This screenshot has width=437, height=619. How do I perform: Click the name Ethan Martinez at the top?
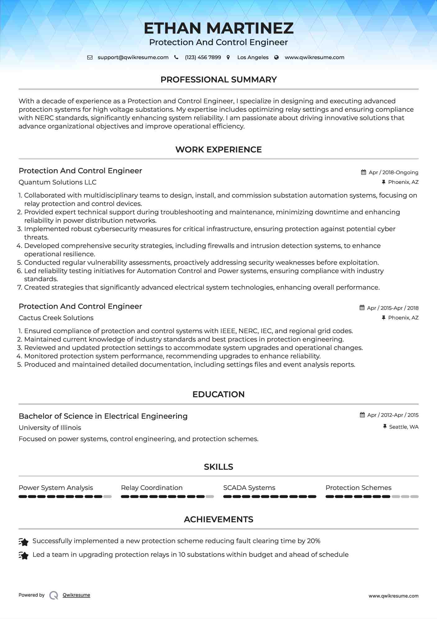coord(218,28)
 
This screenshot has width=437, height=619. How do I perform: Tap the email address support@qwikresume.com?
coord(133,58)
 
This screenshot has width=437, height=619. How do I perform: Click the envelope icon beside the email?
coord(90,58)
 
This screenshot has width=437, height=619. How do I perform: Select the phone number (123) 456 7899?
coord(203,58)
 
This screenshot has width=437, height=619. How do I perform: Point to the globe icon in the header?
coord(276,58)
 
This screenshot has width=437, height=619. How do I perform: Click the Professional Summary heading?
coord(218,80)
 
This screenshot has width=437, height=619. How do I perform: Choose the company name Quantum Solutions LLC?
coord(57,182)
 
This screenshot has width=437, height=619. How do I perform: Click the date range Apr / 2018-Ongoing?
coord(393,172)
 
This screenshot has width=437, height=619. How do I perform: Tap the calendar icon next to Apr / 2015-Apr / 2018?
coord(362,308)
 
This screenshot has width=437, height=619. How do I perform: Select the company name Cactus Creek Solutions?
coord(56,318)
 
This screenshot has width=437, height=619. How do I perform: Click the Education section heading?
coord(218,394)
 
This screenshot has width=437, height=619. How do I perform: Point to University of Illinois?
coord(50,428)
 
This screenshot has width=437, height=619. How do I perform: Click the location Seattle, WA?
coord(403,427)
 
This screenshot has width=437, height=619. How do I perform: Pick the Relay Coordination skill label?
coord(152,488)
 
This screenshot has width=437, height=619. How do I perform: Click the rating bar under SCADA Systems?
coord(270,497)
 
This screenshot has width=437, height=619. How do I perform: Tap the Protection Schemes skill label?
coord(358,488)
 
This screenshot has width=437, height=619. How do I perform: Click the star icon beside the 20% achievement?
coord(24,542)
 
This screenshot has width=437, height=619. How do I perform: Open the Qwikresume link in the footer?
coord(76,595)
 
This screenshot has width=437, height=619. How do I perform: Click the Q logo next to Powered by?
coord(54,595)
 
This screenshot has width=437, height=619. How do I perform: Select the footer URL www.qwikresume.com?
coord(393,596)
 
